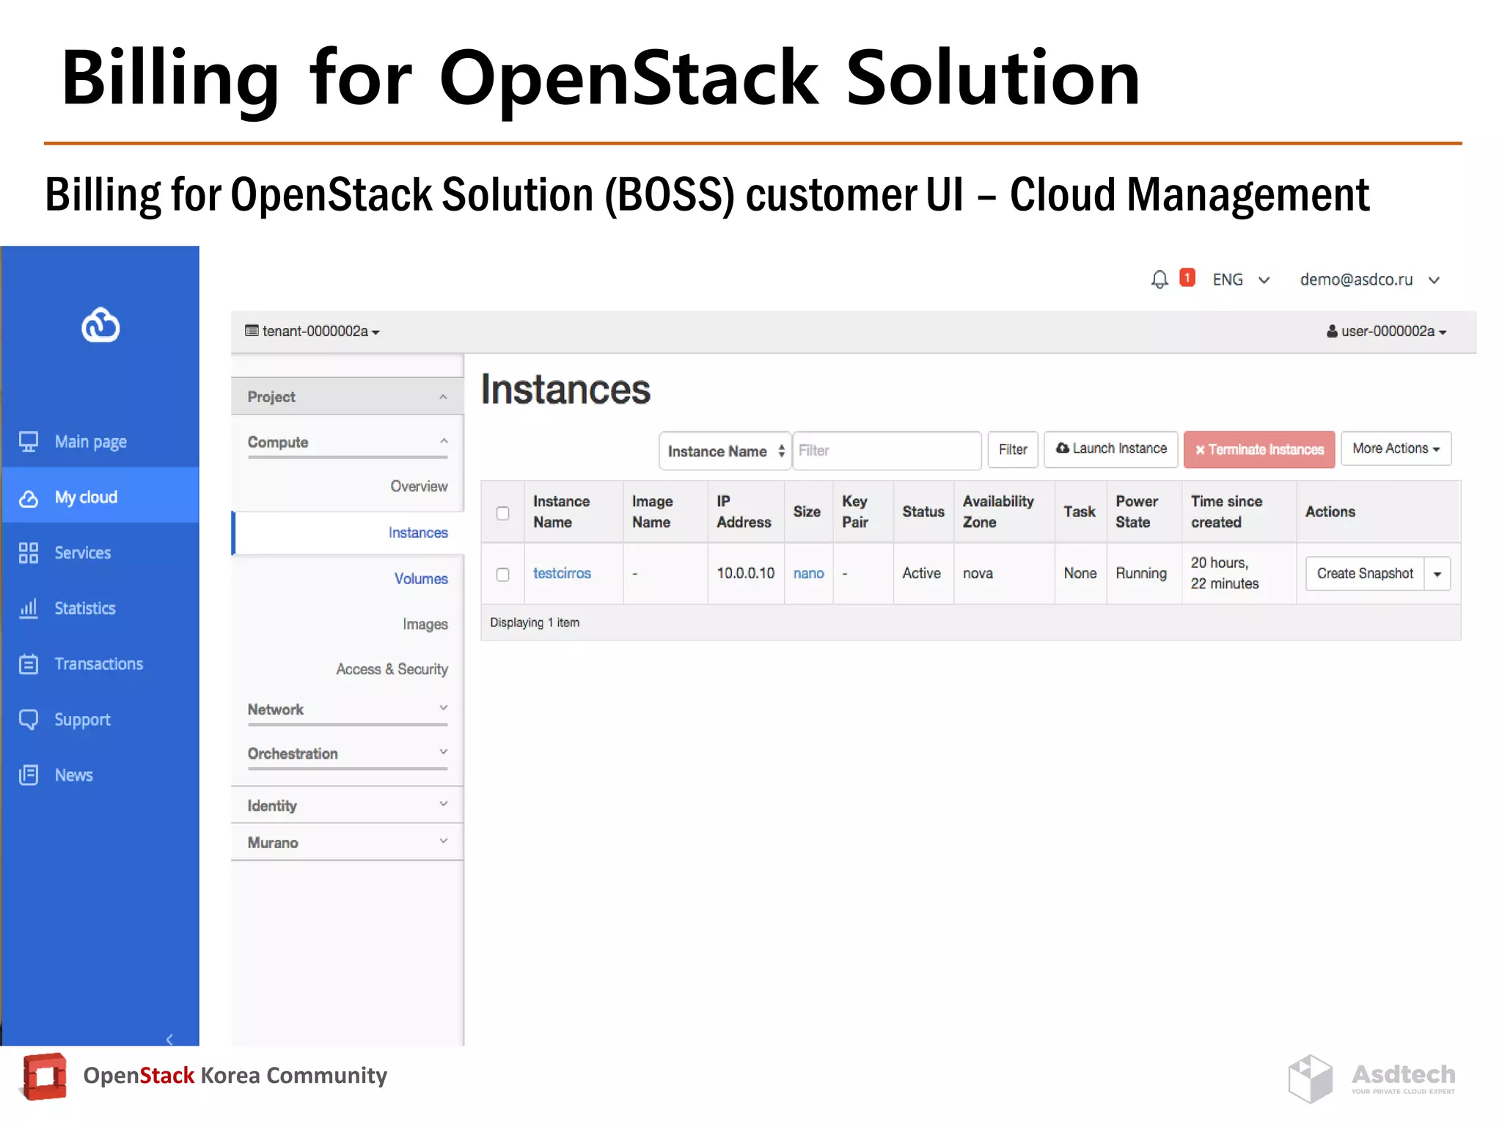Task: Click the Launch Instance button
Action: click(x=1110, y=448)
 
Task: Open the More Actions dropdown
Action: click(x=1396, y=448)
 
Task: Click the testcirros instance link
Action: click(x=562, y=573)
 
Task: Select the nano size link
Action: click(x=808, y=573)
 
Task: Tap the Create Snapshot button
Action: click(x=1364, y=573)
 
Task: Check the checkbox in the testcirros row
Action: click(x=502, y=574)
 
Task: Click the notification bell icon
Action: click(x=1159, y=280)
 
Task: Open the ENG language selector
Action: click(x=1240, y=280)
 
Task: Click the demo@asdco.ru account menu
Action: click(x=1369, y=280)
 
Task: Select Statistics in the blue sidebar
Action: click(x=84, y=608)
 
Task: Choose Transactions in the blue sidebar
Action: click(x=98, y=664)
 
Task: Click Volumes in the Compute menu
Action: click(x=420, y=578)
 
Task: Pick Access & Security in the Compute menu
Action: click(x=392, y=669)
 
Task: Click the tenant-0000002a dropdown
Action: click(x=313, y=332)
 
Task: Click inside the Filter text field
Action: click(x=886, y=451)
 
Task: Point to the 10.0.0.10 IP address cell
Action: click(x=745, y=573)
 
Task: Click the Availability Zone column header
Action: click(x=998, y=511)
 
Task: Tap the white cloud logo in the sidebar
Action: click(x=100, y=325)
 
